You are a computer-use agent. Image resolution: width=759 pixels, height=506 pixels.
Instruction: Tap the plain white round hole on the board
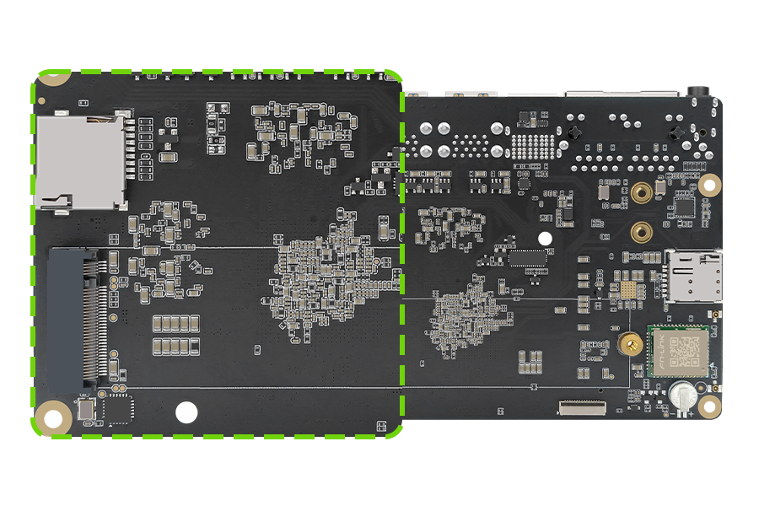click(x=186, y=412)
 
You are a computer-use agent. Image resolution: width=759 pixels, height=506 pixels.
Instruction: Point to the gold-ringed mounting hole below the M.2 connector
click(x=54, y=417)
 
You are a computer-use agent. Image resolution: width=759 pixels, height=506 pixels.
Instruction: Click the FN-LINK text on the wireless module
click(x=657, y=349)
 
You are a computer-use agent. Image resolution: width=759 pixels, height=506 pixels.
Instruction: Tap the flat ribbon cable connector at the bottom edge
click(x=582, y=408)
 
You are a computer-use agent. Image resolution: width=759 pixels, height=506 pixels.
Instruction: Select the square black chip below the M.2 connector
click(x=120, y=411)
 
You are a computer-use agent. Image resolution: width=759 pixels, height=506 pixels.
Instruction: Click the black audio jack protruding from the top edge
click(x=697, y=89)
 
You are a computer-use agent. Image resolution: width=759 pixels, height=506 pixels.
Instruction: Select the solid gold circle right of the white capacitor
click(x=710, y=406)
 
